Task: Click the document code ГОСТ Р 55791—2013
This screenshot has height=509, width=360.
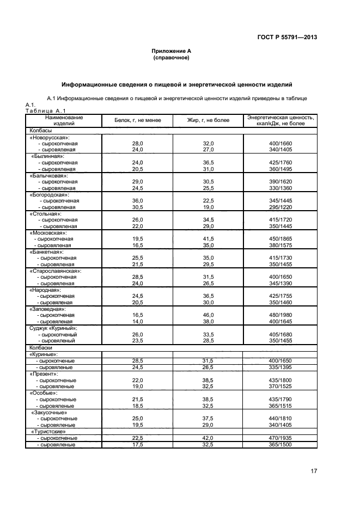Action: (287, 37)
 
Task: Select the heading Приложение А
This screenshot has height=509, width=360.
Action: (171, 51)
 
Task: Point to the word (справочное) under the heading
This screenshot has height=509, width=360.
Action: (171, 57)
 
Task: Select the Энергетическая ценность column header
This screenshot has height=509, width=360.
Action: (280, 120)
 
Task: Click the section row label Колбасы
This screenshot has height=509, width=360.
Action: (41, 131)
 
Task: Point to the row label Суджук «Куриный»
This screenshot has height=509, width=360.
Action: (53, 328)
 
